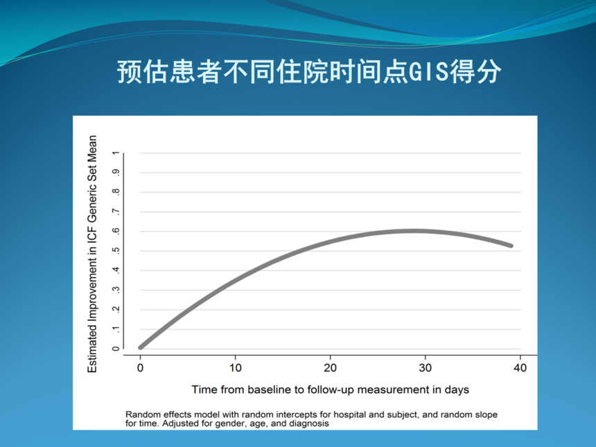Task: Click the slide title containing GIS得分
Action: [x=309, y=71]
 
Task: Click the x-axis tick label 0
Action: [x=140, y=368]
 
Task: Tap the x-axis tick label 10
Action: [x=236, y=368]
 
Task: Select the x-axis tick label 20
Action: [x=331, y=368]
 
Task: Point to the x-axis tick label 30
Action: [x=426, y=368]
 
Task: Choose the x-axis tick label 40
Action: [x=520, y=368]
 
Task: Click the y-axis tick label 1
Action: [x=116, y=152]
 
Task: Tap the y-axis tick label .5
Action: [x=116, y=250]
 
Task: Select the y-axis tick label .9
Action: [x=116, y=172]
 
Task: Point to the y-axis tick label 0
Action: [x=116, y=349]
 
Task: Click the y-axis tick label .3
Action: [x=116, y=290]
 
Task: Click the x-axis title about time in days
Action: [x=330, y=389]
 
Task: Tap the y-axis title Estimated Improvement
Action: [x=92, y=254]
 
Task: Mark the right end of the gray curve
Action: [x=511, y=246]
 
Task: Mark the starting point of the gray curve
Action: [x=141, y=347]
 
